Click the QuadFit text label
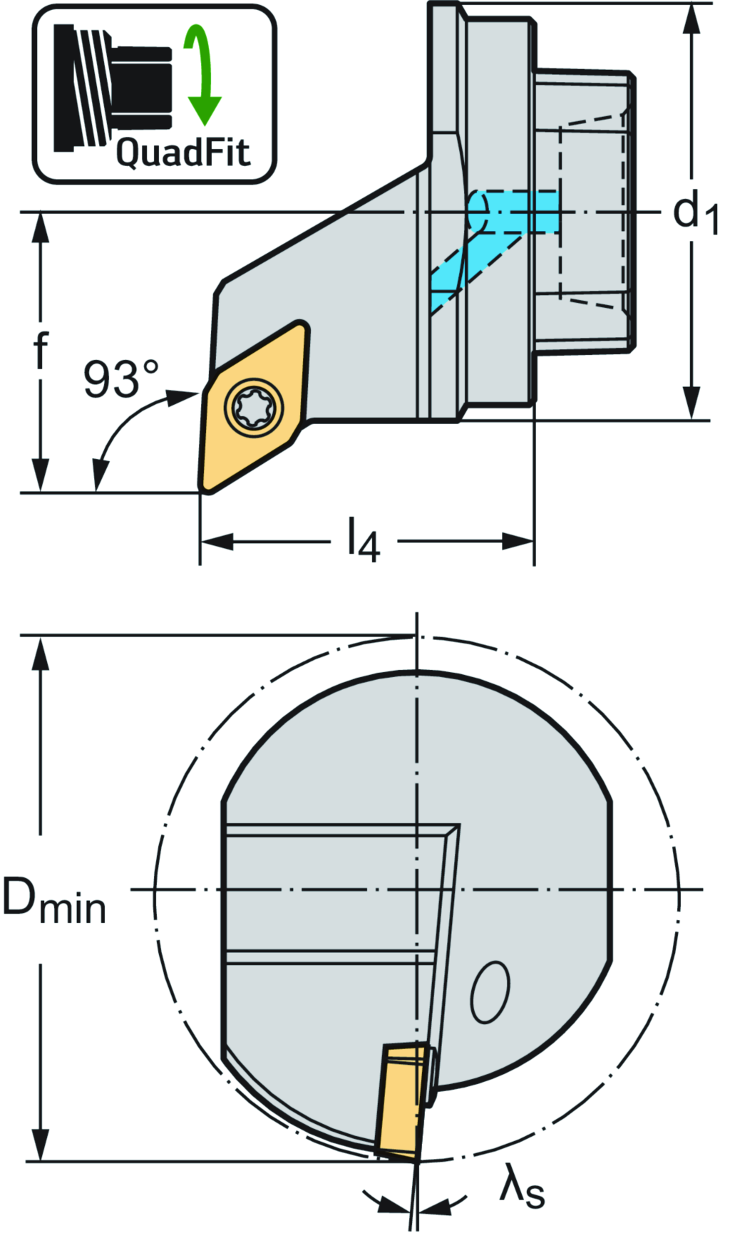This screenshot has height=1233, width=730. point(183,153)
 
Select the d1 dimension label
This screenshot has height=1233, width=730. point(694,213)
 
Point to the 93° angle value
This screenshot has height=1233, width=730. point(120,379)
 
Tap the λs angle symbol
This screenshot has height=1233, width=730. point(523,1187)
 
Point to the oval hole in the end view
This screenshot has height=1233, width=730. point(490,992)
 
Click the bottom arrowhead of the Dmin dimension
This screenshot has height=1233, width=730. point(41,1145)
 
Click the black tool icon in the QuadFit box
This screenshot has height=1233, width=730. point(114,88)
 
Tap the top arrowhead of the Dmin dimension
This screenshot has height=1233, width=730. point(41,653)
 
